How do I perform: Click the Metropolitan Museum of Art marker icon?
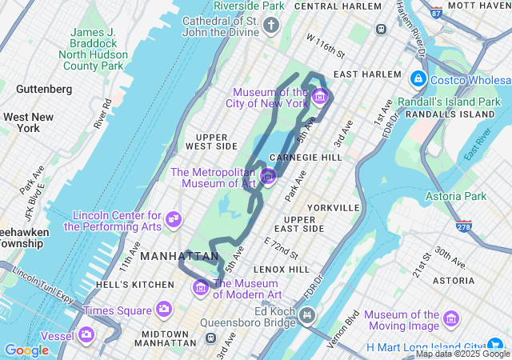coord(269,175)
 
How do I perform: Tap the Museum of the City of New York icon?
coord(320,98)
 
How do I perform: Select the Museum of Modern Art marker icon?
coord(200,286)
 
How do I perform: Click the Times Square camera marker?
coord(163,309)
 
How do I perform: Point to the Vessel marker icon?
coord(86,334)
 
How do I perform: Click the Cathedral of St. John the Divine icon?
coord(271,26)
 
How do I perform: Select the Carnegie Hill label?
coord(306,157)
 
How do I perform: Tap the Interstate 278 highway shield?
coord(463,226)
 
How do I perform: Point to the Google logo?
coord(26,350)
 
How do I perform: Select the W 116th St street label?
coord(325,46)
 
